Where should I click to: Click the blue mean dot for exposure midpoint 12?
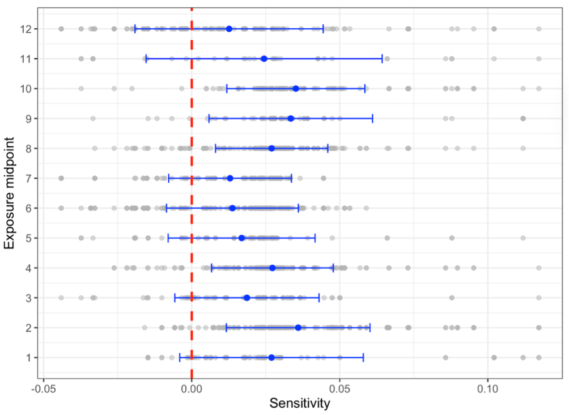click(229, 29)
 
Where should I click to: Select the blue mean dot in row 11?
click(264, 58)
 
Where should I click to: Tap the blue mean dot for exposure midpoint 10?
click(296, 88)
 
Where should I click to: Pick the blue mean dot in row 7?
click(230, 178)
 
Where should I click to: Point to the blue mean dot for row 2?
click(298, 327)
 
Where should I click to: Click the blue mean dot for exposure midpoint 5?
click(241, 238)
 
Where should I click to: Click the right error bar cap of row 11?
click(383, 58)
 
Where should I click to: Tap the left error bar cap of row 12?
click(135, 29)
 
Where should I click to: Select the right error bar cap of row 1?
click(363, 357)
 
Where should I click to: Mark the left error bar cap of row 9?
click(209, 118)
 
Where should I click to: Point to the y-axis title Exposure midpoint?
click(10, 193)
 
